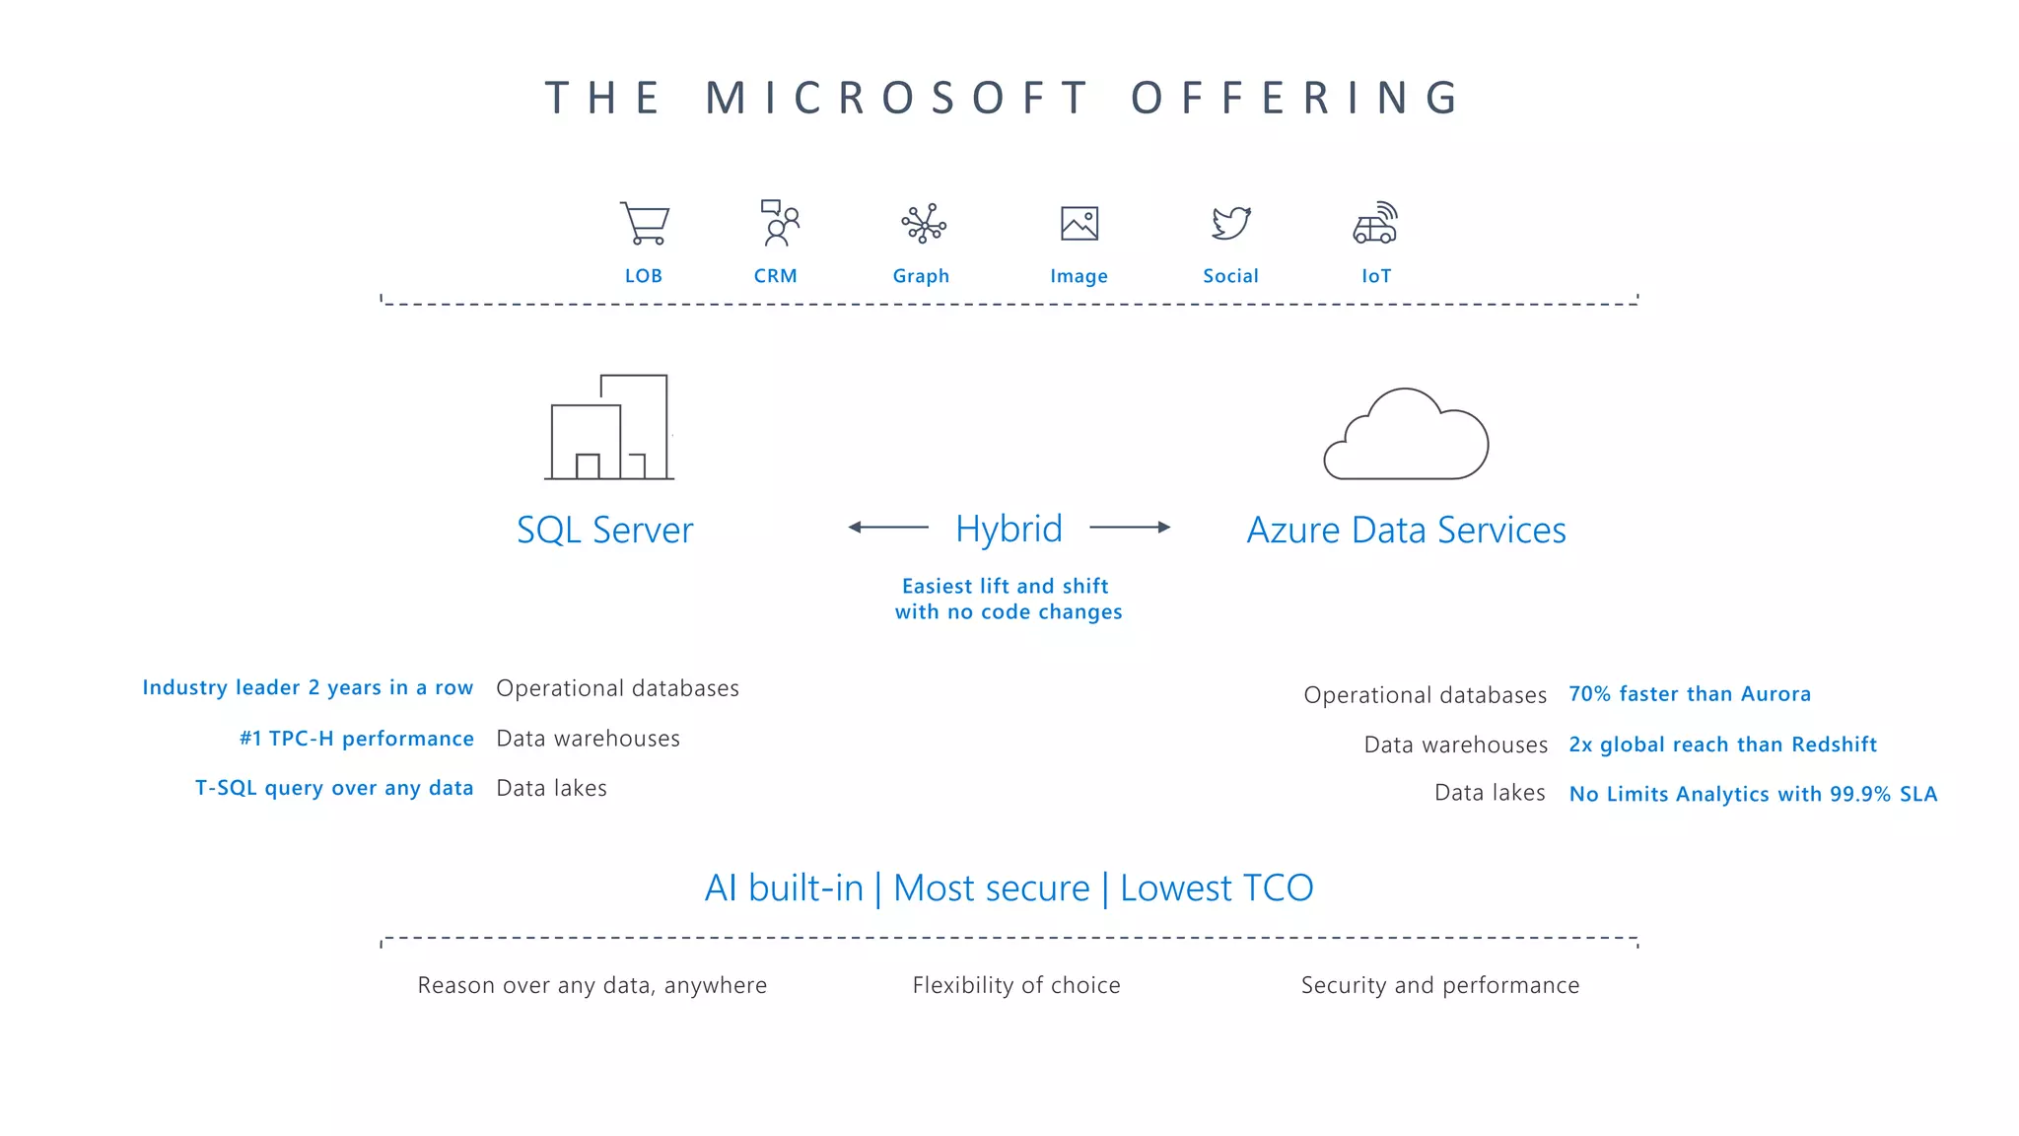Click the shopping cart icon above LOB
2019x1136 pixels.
click(645, 223)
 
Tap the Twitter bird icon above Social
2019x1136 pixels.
click(1231, 223)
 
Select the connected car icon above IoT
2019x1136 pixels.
click(1375, 223)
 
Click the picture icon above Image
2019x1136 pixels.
click(1079, 224)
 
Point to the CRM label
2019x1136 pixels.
click(775, 276)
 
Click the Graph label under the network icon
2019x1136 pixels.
click(921, 276)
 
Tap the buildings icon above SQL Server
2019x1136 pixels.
click(609, 427)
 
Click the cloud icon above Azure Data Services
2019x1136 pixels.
click(1406, 435)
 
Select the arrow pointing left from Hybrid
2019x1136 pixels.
click(887, 528)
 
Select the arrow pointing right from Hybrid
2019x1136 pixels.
click(1130, 528)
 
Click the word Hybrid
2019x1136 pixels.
click(1009, 530)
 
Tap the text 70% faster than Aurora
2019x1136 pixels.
click(1690, 694)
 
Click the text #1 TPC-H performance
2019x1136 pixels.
click(356, 739)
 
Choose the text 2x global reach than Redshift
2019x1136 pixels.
click(1722, 745)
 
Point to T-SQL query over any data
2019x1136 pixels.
click(334, 788)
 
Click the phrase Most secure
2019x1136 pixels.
click(991, 888)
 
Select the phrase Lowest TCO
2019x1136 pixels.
click(1217, 888)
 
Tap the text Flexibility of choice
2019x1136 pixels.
click(1016, 985)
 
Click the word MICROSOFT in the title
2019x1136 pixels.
click(897, 99)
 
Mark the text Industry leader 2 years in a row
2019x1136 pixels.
click(308, 687)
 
